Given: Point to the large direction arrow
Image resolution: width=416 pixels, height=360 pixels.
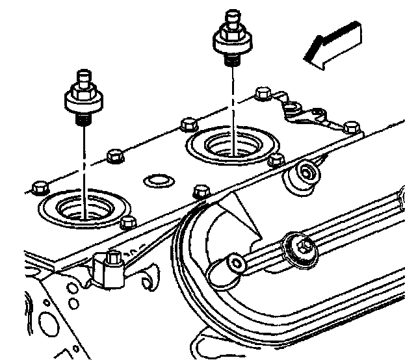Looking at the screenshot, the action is pyautogui.click(x=332, y=44).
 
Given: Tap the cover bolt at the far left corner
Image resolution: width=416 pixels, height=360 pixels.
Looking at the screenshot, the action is pyautogui.click(x=40, y=186).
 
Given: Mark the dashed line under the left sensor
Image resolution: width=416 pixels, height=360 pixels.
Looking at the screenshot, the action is pyautogui.click(x=85, y=162).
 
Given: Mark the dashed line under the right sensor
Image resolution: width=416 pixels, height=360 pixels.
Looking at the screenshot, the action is pyautogui.click(x=232, y=104).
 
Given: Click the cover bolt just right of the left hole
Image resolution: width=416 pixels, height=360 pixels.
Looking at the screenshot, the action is pyautogui.click(x=127, y=223).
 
